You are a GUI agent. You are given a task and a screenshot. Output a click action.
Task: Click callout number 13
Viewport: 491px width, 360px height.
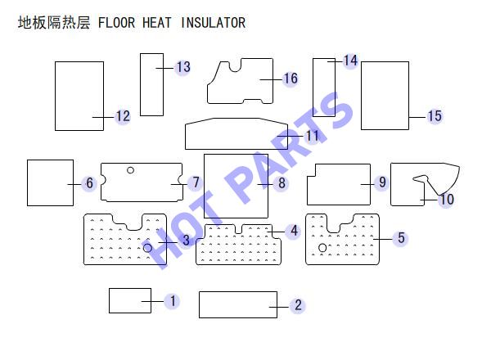(183, 67)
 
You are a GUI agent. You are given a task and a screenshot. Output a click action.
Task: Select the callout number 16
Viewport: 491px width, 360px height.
(291, 79)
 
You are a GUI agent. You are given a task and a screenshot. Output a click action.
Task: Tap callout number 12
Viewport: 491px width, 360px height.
(123, 116)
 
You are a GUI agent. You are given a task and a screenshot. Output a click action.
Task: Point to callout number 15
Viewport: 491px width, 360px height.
(435, 116)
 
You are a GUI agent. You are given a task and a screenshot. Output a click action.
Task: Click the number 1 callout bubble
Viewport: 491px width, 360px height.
(173, 301)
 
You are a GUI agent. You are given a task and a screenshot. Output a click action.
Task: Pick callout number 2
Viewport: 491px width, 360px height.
(298, 305)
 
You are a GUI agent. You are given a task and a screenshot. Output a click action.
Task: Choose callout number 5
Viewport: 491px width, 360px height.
(401, 238)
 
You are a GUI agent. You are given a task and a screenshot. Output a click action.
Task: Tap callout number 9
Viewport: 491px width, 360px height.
(382, 182)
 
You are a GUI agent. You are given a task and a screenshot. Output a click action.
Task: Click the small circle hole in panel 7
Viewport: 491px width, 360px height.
(131, 170)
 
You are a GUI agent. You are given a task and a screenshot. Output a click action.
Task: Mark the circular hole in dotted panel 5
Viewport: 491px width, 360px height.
(322, 248)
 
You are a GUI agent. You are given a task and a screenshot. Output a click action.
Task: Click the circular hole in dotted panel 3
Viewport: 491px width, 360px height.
(148, 248)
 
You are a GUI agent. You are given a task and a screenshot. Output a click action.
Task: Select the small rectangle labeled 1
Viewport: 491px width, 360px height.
(130, 300)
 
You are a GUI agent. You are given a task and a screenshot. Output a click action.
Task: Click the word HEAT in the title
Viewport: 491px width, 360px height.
(157, 23)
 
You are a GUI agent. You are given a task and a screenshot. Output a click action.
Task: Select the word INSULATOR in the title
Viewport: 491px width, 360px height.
(214, 23)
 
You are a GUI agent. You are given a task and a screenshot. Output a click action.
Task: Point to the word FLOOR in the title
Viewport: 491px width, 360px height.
(116, 23)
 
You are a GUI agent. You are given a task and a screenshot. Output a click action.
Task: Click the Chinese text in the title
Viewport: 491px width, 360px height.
(54, 23)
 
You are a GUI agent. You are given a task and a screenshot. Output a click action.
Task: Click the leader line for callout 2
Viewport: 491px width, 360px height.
(279, 307)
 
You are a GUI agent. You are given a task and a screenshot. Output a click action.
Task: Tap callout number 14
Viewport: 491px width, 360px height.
(351, 61)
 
